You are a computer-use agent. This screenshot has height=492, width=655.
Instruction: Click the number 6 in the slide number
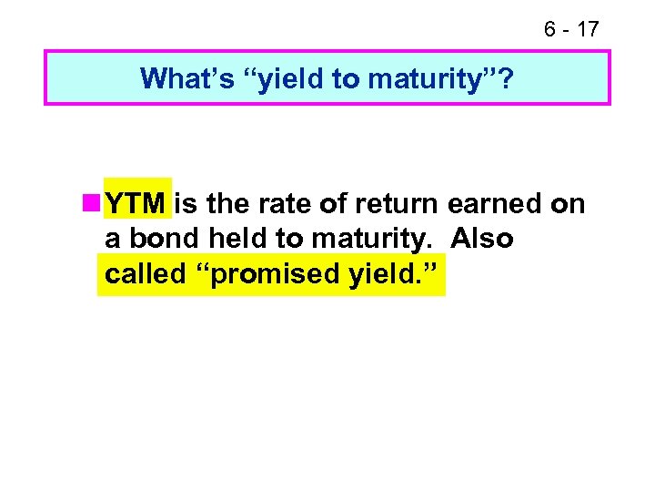click(550, 29)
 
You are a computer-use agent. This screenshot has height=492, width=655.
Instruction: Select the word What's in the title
click(185, 79)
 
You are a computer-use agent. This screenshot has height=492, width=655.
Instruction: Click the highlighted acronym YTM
click(136, 204)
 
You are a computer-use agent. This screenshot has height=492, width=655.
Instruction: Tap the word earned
click(495, 204)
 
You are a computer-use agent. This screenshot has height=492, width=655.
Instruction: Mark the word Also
click(482, 239)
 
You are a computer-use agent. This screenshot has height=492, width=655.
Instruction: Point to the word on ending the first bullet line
click(568, 204)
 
